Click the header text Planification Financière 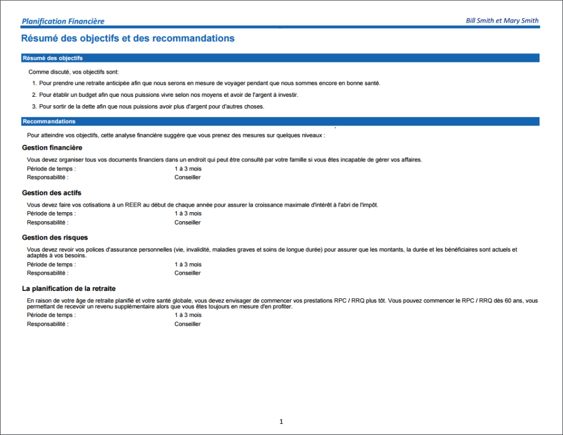click(62, 21)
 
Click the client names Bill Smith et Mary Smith click(502, 21)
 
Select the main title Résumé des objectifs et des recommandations click(127, 38)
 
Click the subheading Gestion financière click(52, 147)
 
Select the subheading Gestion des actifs click(51, 193)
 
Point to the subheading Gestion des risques click(55, 237)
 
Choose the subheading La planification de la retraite click(69, 288)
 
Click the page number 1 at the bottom click(281, 421)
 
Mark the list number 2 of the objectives click(34, 95)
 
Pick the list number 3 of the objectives click(34, 106)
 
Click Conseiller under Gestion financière click(187, 177)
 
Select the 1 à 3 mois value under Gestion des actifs click(187, 214)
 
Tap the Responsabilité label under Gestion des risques click(48, 273)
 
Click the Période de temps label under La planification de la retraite click(51, 315)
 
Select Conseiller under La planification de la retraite click(187, 324)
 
